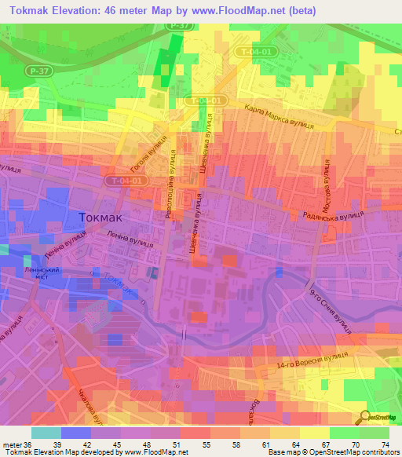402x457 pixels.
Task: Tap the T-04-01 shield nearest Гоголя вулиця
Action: pyautogui.click(x=126, y=180)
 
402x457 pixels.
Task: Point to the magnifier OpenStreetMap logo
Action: pyautogui.click(x=367, y=415)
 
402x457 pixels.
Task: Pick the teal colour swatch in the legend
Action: pyautogui.click(x=46, y=433)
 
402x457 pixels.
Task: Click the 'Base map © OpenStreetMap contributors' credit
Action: pyautogui.click(x=332, y=452)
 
